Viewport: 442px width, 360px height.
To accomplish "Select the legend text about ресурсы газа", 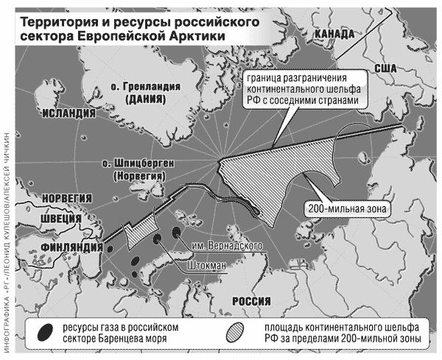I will coord(121,331).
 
